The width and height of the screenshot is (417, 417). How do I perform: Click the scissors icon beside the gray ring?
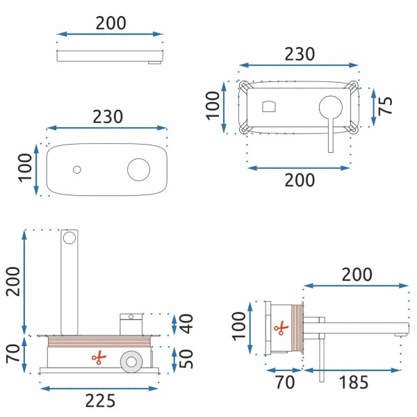coord(99,358)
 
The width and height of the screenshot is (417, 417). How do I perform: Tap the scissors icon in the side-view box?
coord(280,327)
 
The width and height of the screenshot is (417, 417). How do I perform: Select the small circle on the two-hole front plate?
coord(76,170)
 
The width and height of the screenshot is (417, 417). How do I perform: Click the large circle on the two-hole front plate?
coord(138,169)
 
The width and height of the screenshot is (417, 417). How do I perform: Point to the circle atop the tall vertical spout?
coord(69,238)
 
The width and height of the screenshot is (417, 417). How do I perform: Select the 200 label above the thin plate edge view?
coord(111,22)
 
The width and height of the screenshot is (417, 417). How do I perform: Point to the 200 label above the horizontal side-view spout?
coord(357,275)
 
